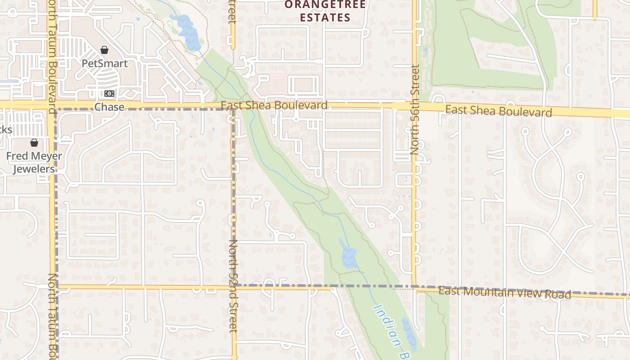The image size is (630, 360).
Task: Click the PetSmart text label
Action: (x=104, y=63)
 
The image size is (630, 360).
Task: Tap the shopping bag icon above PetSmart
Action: (x=104, y=50)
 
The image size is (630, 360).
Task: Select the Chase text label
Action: (x=109, y=107)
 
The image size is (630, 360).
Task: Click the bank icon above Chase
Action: (x=109, y=94)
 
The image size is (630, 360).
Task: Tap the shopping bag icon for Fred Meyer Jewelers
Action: (x=34, y=143)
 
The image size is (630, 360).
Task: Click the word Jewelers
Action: (x=34, y=169)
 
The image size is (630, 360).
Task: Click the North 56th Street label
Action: (x=415, y=110)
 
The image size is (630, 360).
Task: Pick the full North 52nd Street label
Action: (x=233, y=286)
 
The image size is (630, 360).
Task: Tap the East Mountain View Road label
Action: (x=504, y=293)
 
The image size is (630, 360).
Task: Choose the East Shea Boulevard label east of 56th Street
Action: (x=499, y=111)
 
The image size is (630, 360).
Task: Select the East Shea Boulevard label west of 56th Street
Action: (x=274, y=105)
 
